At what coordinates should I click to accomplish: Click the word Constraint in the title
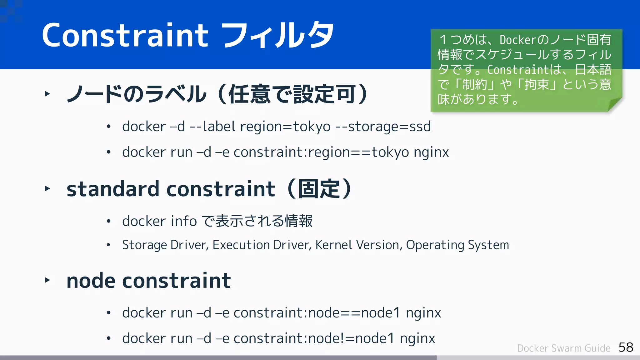click(125, 35)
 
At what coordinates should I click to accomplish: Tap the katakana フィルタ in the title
click(278, 35)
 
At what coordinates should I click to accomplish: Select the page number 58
click(626, 347)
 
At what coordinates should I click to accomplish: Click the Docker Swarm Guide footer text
click(563, 348)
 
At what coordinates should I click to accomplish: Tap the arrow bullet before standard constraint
click(47, 188)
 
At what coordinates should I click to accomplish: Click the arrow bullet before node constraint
click(47, 280)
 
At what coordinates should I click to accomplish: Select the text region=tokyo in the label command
click(285, 127)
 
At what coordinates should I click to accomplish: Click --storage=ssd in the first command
click(383, 127)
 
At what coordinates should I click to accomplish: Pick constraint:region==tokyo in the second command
click(321, 152)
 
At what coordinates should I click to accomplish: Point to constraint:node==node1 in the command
click(317, 313)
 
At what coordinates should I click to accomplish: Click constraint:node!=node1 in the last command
click(314, 338)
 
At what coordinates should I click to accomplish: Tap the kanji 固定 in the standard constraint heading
click(319, 189)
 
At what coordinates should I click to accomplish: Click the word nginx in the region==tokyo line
click(431, 152)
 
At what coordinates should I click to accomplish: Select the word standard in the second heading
click(113, 189)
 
